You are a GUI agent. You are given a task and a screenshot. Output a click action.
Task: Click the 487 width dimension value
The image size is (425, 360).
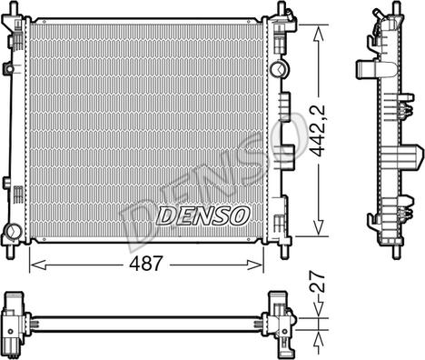coord(146,264)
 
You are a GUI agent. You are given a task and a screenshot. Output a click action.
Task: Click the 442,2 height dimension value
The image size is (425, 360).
coord(318,130)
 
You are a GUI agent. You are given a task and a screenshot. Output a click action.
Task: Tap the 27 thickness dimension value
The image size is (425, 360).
coord(318,282)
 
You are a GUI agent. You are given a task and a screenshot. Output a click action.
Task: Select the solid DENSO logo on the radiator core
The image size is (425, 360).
coord(203,216)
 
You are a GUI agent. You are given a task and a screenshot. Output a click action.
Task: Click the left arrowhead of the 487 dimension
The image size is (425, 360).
coord(38,265)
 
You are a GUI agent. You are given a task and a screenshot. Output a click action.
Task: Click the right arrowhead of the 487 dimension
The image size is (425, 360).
coord(254,265)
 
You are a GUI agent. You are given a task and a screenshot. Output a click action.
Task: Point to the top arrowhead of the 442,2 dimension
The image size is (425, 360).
coord(318,34)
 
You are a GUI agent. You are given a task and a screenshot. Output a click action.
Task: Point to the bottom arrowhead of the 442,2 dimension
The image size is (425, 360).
coord(318,227)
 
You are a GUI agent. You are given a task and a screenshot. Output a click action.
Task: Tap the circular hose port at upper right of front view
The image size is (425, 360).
coord(278,69)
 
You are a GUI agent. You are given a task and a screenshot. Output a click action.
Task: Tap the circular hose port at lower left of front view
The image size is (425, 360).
coord(14,232)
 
